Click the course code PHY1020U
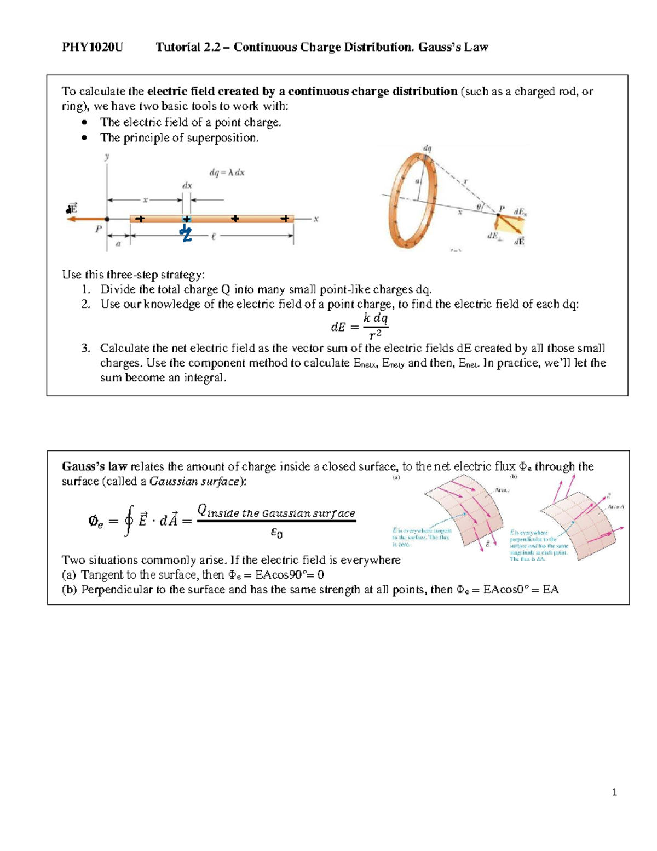coord(93,47)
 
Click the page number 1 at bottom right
coord(614,792)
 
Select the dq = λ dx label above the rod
coord(227,173)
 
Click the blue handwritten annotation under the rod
coord(186,233)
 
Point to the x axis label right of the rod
coord(316,219)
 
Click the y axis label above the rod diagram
coord(107,157)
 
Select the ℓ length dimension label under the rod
coord(213,236)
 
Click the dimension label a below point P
coord(118,244)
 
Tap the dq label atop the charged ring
coord(427,148)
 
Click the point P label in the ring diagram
coord(501,209)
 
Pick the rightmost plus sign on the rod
coord(285,219)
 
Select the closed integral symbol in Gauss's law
coord(129,521)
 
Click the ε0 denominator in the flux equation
coord(276,532)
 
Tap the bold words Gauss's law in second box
coord(94,467)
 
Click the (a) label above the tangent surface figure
coord(396,477)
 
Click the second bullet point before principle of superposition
coord(84,138)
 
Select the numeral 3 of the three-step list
coord(85,348)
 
